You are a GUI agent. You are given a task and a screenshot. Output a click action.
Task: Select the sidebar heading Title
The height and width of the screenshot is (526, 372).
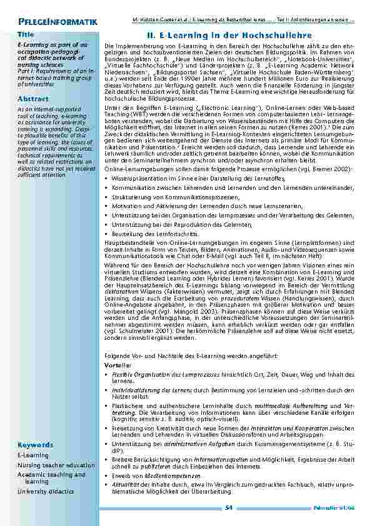click(26, 34)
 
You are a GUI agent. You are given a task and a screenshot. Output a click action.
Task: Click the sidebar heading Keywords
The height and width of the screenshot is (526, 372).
click(36, 445)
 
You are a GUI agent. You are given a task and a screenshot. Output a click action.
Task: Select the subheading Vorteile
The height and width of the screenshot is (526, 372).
click(118, 364)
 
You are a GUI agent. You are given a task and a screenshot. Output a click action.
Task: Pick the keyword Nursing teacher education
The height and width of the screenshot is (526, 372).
click(56, 465)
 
